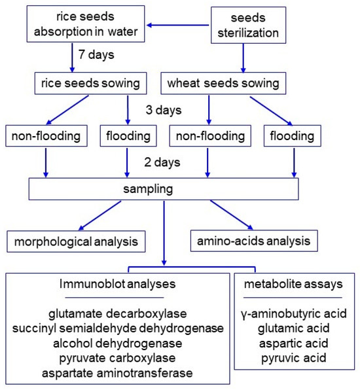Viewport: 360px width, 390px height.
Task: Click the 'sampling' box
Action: pos(164,189)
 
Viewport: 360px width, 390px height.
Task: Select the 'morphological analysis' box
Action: pos(75,241)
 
